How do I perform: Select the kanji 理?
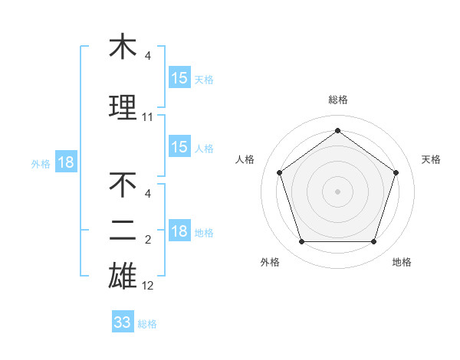click(x=123, y=108)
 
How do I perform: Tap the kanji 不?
click(x=123, y=186)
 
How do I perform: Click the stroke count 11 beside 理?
click(x=148, y=117)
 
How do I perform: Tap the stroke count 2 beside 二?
click(x=148, y=240)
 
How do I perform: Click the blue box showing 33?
click(x=123, y=322)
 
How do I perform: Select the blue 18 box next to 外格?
click(x=66, y=162)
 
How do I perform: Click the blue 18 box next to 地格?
click(x=179, y=231)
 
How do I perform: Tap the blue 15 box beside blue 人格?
click(x=179, y=147)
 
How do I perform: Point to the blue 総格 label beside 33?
click(x=147, y=324)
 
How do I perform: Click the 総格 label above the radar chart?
click(x=338, y=100)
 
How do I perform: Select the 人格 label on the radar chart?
click(x=245, y=159)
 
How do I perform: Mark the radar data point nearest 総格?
click(x=338, y=131)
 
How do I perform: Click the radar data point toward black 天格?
click(x=396, y=172)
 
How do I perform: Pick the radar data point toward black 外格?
click(x=302, y=242)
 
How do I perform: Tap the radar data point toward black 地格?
click(x=374, y=242)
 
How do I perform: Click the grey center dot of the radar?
click(x=338, y=191)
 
